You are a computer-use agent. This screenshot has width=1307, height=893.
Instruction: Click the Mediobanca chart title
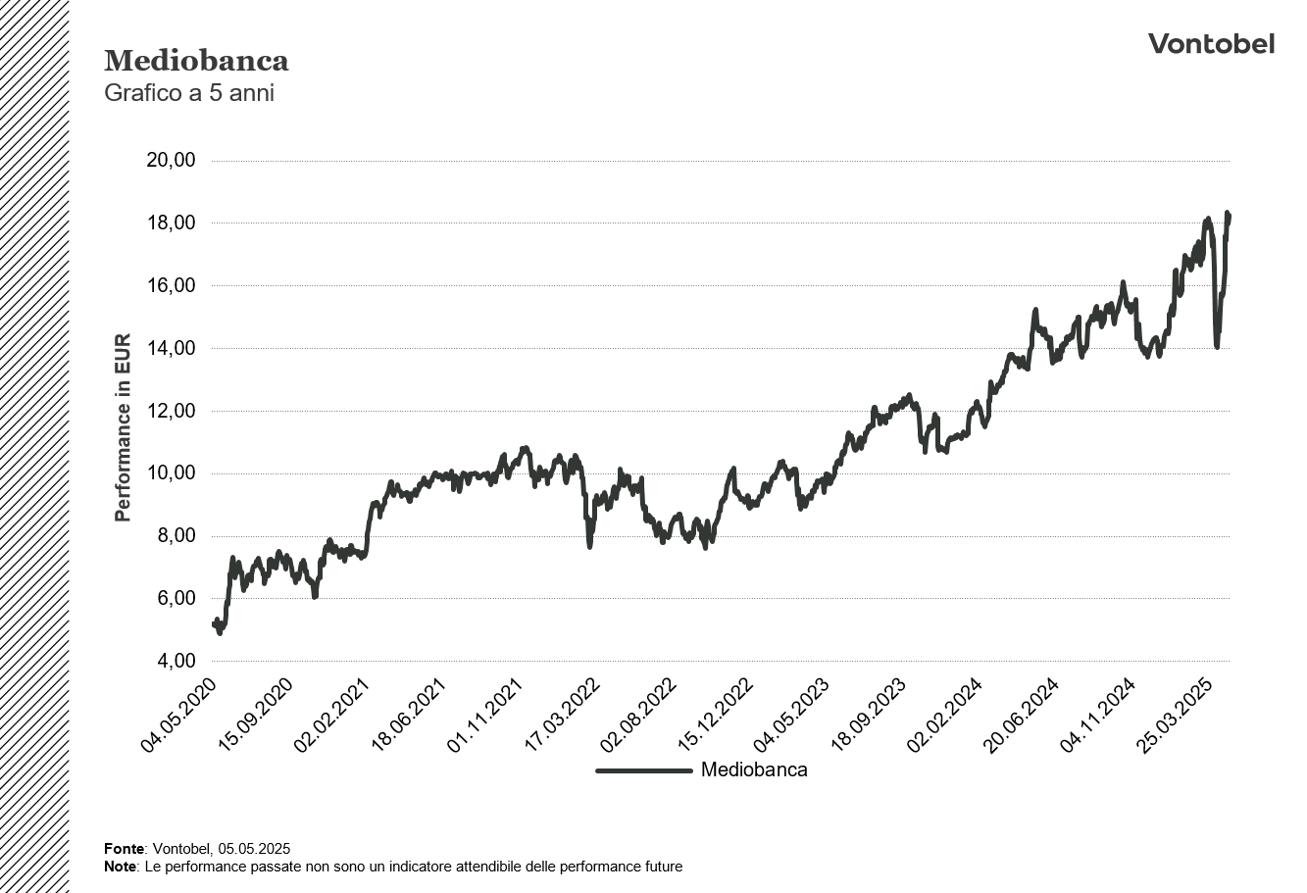pyautogui.click(x=196, y=61)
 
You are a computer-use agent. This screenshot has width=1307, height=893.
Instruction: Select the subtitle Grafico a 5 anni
pyautogui.click(x=189, y=94)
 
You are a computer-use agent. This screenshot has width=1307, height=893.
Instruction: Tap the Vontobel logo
pyautogui.click(x=1211, y=44)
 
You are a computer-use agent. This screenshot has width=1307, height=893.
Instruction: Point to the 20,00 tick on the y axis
pyautogui.click(x=171, y=161)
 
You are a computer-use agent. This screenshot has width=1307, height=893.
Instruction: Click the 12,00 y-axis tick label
pyautogui.click(x=171, y=412)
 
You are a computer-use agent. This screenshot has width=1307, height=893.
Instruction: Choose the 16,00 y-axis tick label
pyautogui.click(x=171, y=286)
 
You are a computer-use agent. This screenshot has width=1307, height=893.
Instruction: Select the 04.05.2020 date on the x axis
pyautogui.click(x=179, y=716)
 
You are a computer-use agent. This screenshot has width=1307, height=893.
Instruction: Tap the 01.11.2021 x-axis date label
pyautogui.click(x=486, y=716)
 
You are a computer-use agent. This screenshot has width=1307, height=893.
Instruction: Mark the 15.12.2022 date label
pyautogui.click(x=716, y=716)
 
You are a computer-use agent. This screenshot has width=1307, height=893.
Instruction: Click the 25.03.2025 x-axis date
pyautogui.click(x=1177, y=716)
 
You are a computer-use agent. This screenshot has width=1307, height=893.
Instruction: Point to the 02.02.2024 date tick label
pyautogui.click(x=946, y=716)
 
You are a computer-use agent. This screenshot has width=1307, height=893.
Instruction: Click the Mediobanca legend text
pyautogui.click(x=754, y=770)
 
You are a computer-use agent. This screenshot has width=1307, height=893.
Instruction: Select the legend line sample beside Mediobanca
pyautogui.click(x=644, y=770)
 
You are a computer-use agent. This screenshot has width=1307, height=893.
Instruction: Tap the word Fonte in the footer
pyautogui.click(x=125, y=849)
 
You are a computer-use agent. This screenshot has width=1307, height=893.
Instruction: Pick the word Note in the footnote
pyautogui.click(x=120, y=868)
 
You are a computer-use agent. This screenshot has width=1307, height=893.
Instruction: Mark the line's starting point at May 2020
pyautogui.click(x=214, y=624)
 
